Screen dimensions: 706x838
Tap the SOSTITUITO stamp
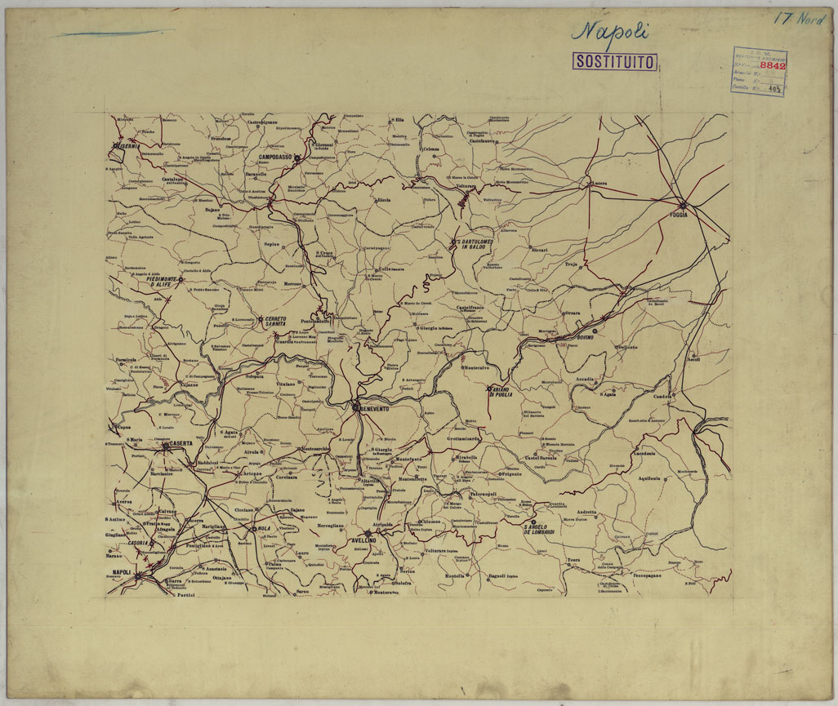click(x=616, y=61)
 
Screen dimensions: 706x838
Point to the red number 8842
click(x=772, y=66)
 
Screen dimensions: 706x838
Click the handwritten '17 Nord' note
click(x=800, y=17)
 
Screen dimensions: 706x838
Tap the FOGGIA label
click(x=677, y=215)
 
